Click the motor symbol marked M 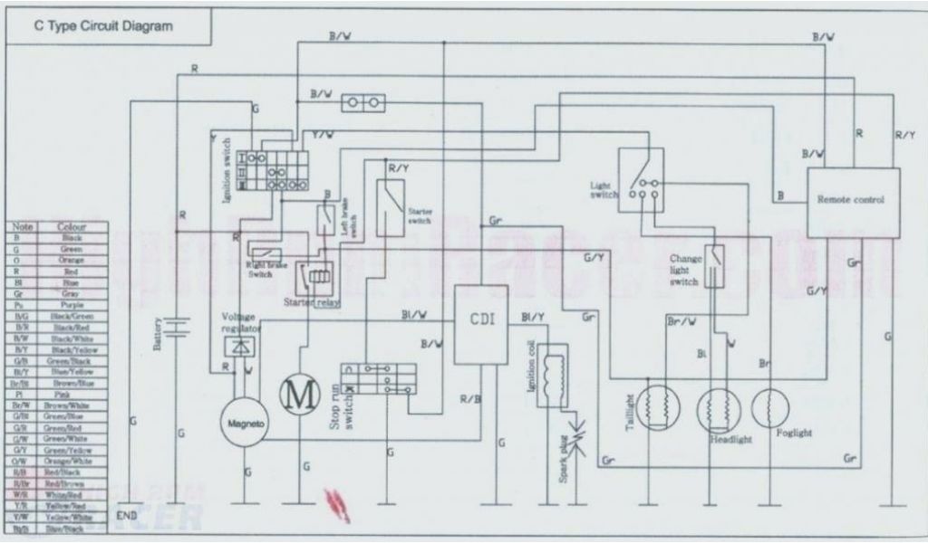click(297, 393)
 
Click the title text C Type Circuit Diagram click(103, 26)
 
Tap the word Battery click(159, 333)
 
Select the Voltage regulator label click(241, 321)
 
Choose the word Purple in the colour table click(72, 306)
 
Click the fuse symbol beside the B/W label click(363, 104)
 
